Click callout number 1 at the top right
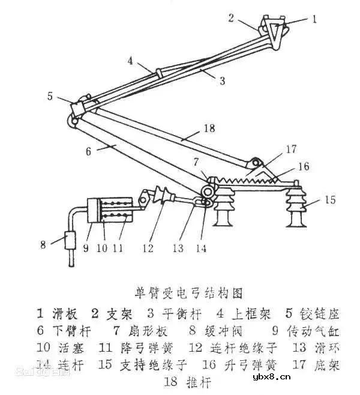pos(313,19)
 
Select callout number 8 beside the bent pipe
pos(43,244)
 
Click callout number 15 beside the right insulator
pos(330,199)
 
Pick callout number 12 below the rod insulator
pos(149,246)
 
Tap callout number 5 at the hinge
pos(50,95)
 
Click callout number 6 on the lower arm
pos(89,151)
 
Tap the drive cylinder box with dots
pos(110,210)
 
